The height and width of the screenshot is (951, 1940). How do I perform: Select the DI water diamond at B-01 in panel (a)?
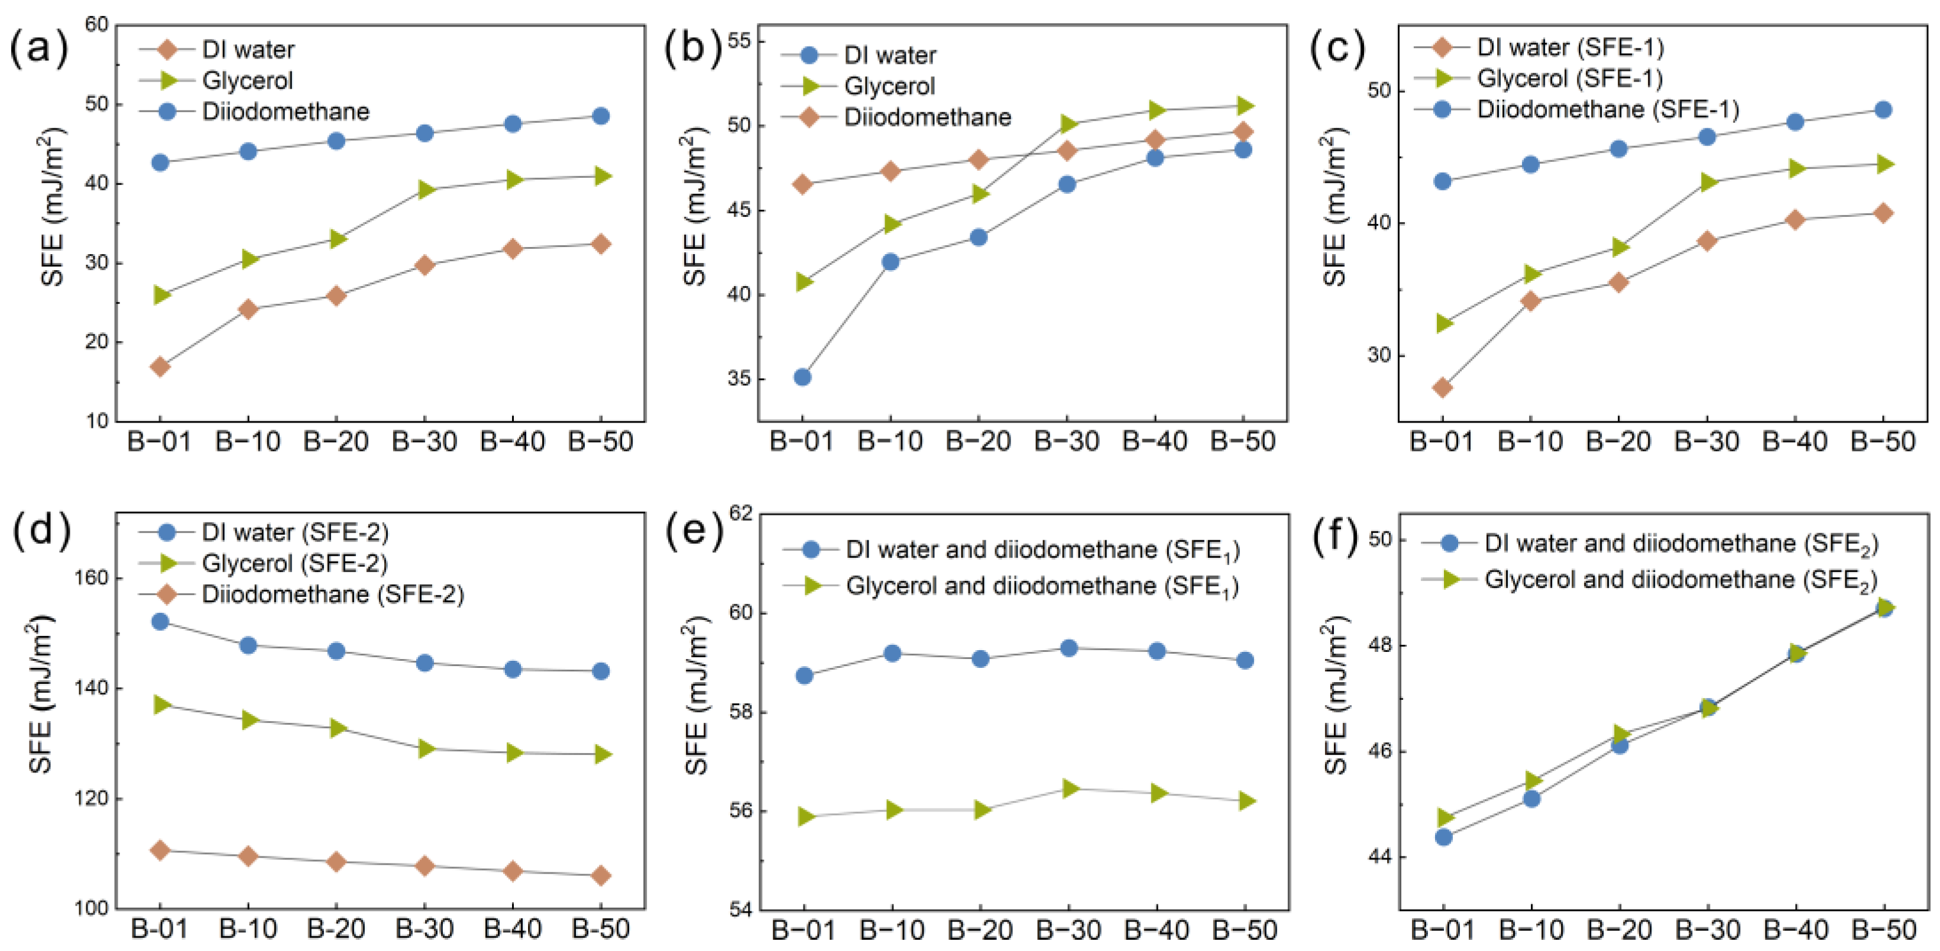tap(160, 366)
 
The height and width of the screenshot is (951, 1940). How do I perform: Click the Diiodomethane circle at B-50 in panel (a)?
tap(600, 116)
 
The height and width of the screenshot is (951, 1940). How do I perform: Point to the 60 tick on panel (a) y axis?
tap(96, 25)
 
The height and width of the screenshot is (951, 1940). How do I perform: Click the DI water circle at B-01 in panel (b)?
tap(802, 376)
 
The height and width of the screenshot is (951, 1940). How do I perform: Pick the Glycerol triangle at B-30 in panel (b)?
tap(1067, 124)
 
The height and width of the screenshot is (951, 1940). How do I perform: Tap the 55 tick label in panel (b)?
tap(740, 41)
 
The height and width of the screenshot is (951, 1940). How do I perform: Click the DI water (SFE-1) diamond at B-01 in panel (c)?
tap(1442, 387)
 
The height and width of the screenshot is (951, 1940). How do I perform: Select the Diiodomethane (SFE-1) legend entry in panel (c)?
tap(1607, 109)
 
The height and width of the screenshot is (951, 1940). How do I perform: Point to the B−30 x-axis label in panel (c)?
tap(1706, 442)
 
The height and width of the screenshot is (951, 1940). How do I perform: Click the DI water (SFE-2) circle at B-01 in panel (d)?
tap(160, 621)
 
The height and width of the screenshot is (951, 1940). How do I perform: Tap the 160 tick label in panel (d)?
tap(91, 578)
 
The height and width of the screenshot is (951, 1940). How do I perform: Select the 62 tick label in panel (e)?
tap(740, 514)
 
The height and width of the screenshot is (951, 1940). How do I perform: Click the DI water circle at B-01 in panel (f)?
tap(1443, 836)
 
